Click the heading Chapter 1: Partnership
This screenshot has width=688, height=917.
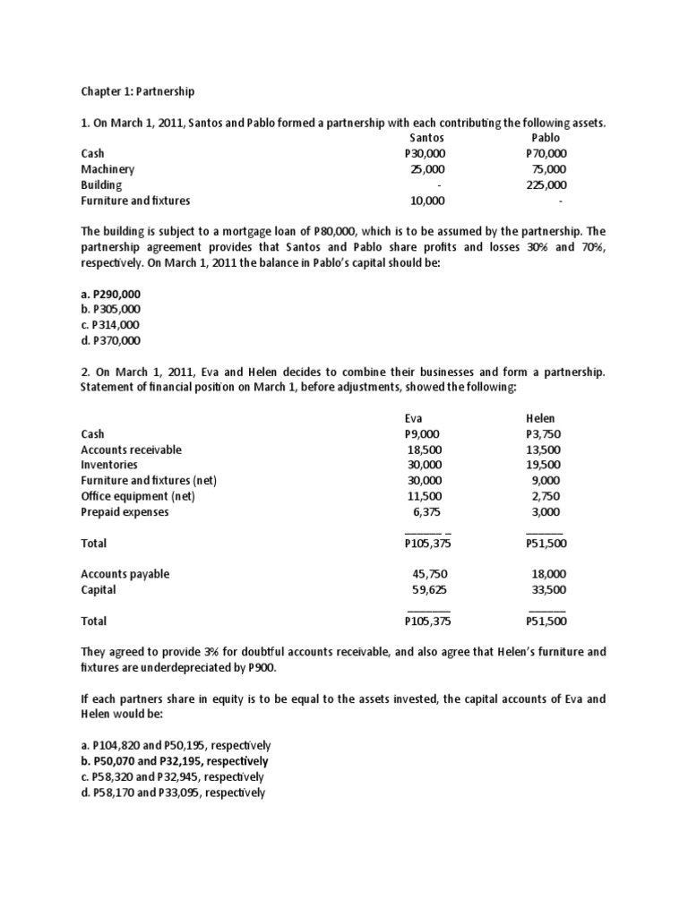(137, 91)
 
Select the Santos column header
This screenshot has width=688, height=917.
(426, 138)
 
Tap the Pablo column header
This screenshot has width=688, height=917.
(545, 138)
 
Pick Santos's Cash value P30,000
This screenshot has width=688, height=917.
(425, 154)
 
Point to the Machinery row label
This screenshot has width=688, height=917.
(107, 169)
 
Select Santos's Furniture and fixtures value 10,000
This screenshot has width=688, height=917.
(426, 200)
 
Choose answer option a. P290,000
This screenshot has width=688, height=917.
(111, 294)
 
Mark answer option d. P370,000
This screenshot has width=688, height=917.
(111, 340)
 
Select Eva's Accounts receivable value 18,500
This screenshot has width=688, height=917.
(425, 450)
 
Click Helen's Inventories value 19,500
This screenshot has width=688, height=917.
(546, 465)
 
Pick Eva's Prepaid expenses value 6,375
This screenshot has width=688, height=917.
(427, 512)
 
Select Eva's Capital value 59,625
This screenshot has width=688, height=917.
(426, 589)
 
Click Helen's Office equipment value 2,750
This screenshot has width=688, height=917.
(549, 496)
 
